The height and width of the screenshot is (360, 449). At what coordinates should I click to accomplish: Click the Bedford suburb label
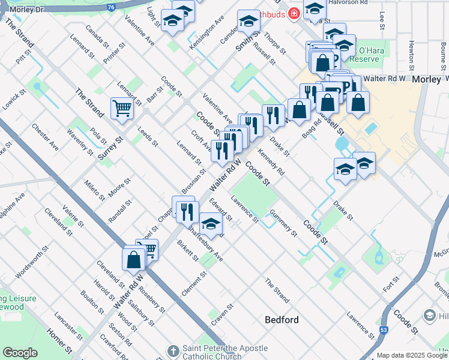coord(282,320)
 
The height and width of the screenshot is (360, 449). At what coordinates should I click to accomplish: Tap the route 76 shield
coord(111,7)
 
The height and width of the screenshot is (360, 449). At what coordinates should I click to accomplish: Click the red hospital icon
coord(294,13)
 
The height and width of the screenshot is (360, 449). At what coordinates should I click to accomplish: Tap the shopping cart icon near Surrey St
coord(121,109)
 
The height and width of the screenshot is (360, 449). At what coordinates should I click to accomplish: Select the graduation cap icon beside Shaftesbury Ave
coord(210,224)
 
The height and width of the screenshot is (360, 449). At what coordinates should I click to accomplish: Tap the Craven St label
coord(221,314)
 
